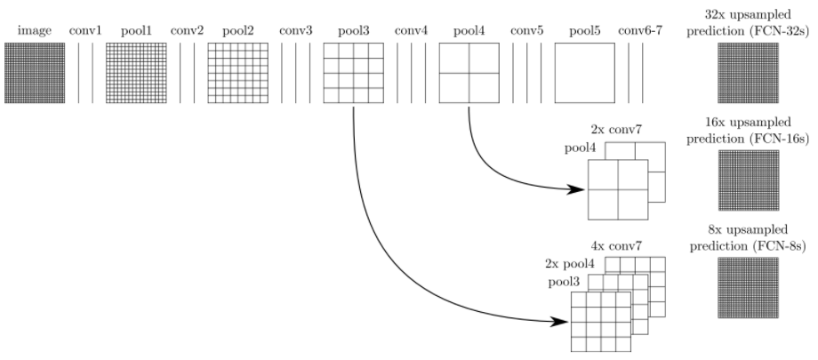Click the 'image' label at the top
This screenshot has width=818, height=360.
tap(33, 31)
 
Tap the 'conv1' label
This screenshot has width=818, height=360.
tap(86, 31)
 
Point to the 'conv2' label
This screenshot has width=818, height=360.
tap(187, 31)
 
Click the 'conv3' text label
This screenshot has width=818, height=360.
tap(295, 31)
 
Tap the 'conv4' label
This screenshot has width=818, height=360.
tap(411, 31)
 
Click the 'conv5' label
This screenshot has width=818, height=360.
tap(526, 31)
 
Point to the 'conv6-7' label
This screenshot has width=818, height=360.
tap(642, 31)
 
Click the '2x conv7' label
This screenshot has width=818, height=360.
tap(615, 131)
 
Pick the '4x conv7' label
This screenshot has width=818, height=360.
tap(615, 244)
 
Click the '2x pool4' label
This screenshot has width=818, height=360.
tap(569, 263)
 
